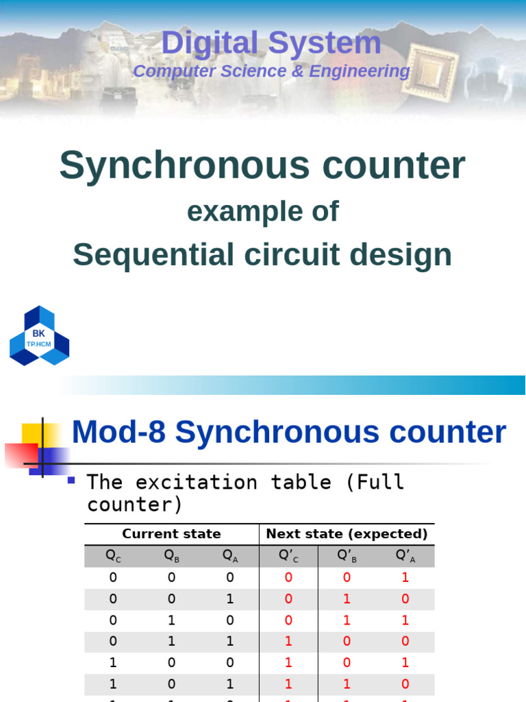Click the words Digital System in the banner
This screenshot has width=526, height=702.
coord(271,43)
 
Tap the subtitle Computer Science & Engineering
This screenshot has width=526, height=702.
coord(271,71)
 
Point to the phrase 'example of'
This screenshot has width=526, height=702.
coord(263,212)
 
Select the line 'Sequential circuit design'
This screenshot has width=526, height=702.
coord(262,255)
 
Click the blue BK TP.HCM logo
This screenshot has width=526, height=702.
coord(39,336)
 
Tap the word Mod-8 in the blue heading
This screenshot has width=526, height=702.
coord(118,433)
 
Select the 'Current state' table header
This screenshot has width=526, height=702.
coord(171,533)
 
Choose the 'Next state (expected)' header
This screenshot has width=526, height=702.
coord(347,533)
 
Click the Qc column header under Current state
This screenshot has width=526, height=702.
coord(114,556)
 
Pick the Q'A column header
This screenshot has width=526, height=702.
coord(405,556)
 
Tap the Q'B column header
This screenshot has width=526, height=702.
coord(347,556)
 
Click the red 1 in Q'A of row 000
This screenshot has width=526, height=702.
coord(405,577)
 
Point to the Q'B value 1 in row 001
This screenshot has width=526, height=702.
coord(347,598)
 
